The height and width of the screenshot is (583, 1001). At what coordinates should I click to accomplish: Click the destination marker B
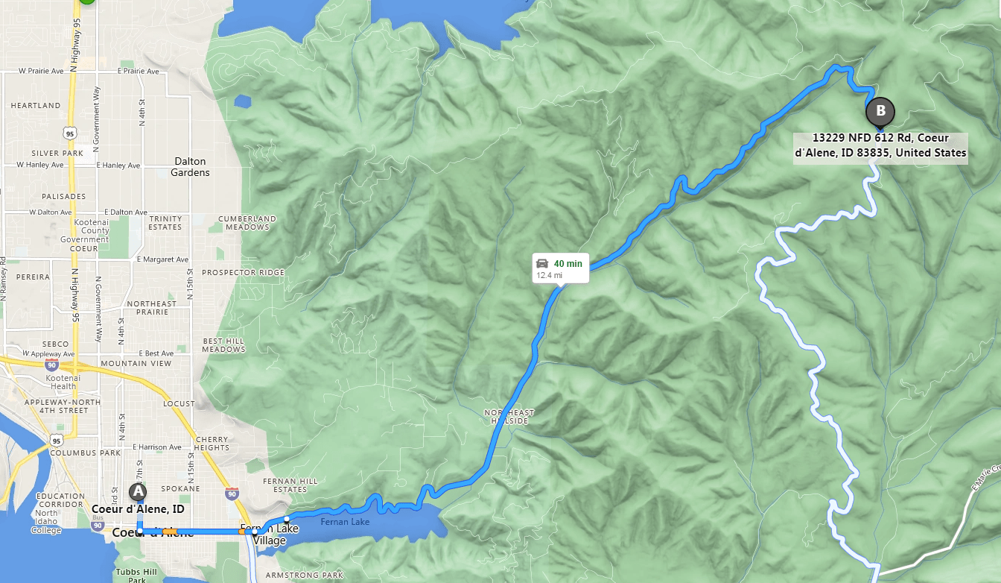pyautogui.click(x=880, y=112)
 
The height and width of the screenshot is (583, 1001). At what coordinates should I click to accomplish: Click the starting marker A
pyautogui.click(x=137, y=492)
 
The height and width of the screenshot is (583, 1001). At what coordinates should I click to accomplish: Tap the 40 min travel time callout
pyautogui.click(x=560, y=268)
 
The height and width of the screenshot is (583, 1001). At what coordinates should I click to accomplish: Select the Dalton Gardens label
pyautogui.click(x=191, y=167)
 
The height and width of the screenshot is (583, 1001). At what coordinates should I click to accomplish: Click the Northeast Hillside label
pyautogui.click(x=509, y=417)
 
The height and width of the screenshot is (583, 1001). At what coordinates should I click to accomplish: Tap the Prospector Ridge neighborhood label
pyautogui.click(x=243, y=273)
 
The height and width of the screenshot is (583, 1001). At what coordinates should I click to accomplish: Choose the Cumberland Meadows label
pyautogui.click(x=247, y=223)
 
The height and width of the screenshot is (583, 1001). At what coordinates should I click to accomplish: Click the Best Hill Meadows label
pyautogui.click(x=223, y=345)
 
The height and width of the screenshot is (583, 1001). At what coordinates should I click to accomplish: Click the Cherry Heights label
pyautogui.click(x=213, y=444)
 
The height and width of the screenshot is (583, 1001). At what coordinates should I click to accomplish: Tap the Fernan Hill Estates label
pyautogui.click(x=285, y=485)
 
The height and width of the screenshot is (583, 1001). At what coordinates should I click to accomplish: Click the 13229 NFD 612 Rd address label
pyautogui.click(x=880, y=145)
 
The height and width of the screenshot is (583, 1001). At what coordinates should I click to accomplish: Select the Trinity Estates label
pyautogui.click(x=165, y=223)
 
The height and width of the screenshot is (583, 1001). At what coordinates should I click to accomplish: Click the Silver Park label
pyautogui.click(x=57, y=154)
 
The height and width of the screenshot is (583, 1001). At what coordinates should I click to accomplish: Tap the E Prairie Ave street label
pyautogui.click(x=139, y=72)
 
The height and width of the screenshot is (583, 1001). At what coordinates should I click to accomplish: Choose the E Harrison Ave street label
pyautogui.click(x=157, y=447)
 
